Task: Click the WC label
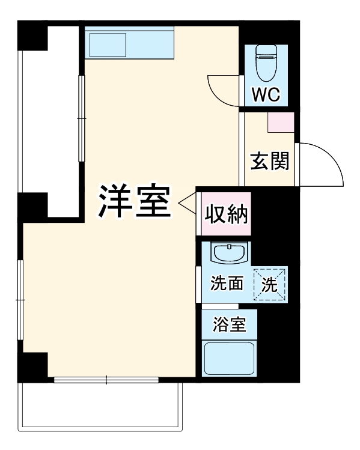(x=264, y=95)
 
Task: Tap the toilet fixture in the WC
(x=264, y=64)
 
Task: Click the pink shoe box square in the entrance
(x=281, y=122)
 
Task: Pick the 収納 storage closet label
(x=227, y=213)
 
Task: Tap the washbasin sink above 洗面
(x=229, y=252)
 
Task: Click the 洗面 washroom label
(x=227, y=284)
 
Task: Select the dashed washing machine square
(x=270, y=285)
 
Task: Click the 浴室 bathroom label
(x=229, y=325)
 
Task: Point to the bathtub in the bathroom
(x=229, y=358)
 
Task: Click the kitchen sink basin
(x=108, y=45)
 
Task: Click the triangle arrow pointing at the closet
(x=188, y=204)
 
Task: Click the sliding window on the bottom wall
(x=106, y=380)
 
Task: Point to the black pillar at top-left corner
(x=33, y=36)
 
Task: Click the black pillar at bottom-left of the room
(x=33, y=366)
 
